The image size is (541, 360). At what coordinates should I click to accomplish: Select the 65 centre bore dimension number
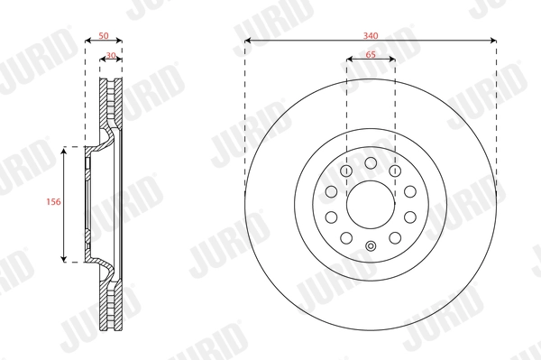(371, 54)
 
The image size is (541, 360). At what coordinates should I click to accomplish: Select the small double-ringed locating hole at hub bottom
(371, 247)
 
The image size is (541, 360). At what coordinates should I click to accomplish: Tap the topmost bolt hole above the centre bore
(371, 162)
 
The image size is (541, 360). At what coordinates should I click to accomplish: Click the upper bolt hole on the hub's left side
(330, 192)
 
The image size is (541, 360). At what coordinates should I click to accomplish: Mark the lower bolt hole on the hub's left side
(330, 217)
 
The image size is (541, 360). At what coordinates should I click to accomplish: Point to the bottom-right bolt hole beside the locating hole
(395, 239)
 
